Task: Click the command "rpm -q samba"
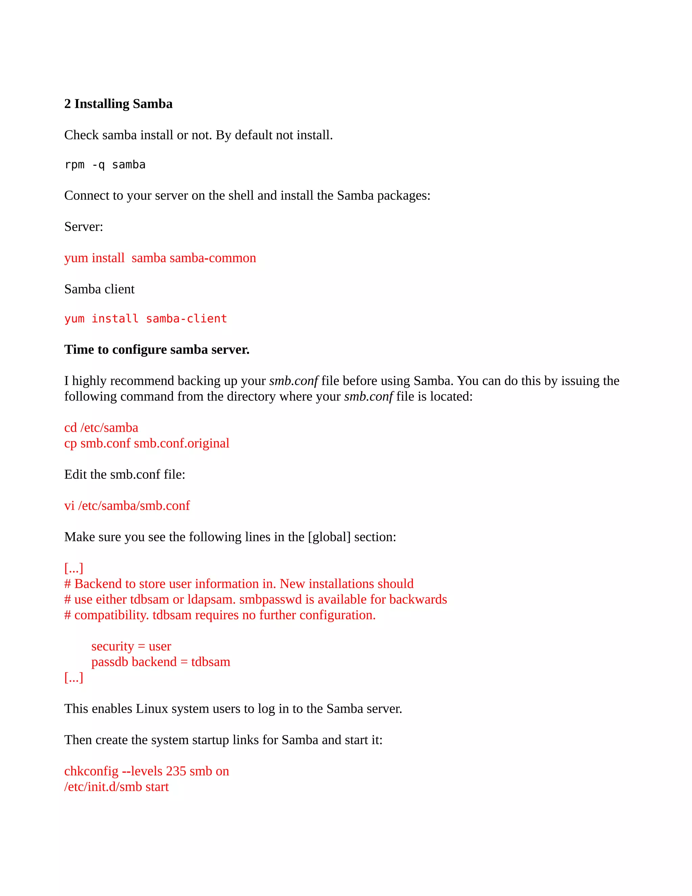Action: pos(105,165)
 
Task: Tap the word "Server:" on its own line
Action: pos(84,227)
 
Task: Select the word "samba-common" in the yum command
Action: pos(213,258)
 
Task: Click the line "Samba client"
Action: pos(99,289)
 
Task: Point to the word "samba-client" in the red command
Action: pos(187,319)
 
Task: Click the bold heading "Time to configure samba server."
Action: pos(156,350)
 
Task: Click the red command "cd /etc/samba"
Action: pos(101,428)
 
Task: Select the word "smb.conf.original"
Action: pos(181,444)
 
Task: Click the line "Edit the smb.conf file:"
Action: pos(125,475)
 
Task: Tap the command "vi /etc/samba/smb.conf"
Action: pos(127,506)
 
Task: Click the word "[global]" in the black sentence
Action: pos(329,537)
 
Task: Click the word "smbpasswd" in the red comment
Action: pos(271,599)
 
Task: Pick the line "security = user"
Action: pos(131,646)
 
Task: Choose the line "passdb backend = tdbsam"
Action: pos(161,662)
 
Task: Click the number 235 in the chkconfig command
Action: pos(176,771)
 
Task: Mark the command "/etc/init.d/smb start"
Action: pos(117,787)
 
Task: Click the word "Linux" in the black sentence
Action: pos(152,709)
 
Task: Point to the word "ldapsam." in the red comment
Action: pos(212,599)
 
